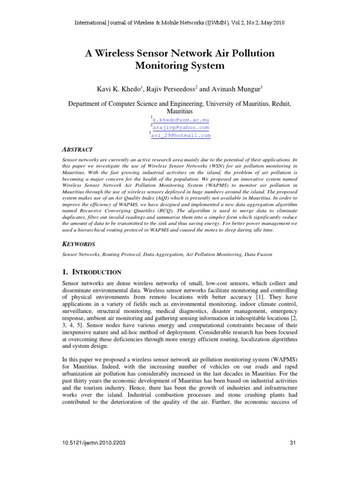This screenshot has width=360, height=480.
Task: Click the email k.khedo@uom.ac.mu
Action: pyautogui.click(x=181, y=120)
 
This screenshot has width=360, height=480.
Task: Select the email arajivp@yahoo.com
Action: pyautogui.click(x=181, y=127)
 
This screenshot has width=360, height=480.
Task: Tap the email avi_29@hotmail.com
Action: pyautogui.click(x=181, y=135)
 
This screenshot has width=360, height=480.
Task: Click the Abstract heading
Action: pyautogui.click(x=78, y=149)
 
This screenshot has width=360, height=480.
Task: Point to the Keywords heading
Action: pyautogui.click(x=79, y=244)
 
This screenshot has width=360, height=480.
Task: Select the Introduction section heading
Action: pyautogui.click(x=92, y=272)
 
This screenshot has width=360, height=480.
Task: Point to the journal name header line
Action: pyautogui.click(x=180, y=22)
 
